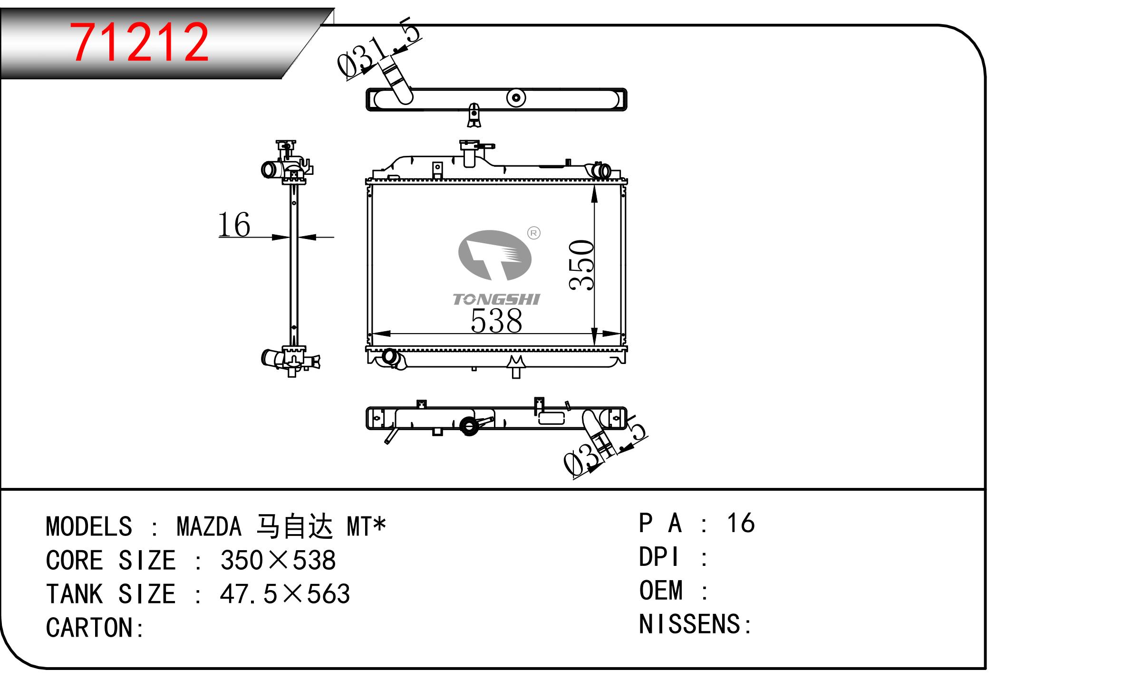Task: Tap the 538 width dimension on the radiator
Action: [x=496, y=321]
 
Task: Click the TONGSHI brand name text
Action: [x=496, y=299]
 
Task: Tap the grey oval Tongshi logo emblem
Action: [x=494, y=255]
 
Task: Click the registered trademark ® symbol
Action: [x=534, y=233]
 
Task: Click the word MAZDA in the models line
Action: [x=209, y=526]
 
